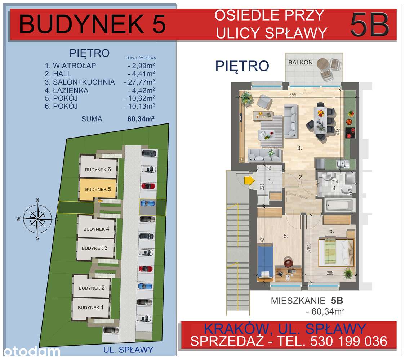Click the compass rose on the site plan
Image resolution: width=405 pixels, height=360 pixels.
click(37, 218)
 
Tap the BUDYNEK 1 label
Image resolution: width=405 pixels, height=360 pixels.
click(90, 307)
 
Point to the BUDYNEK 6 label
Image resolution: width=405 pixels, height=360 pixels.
click(98, 170)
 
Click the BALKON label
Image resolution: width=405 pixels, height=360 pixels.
click(300, 62)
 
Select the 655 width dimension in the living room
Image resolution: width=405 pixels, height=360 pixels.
click(292, 95)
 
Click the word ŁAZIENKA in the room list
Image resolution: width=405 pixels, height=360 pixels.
click(70, 90)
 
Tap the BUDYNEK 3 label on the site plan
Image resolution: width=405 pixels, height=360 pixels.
click(95, 248)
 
